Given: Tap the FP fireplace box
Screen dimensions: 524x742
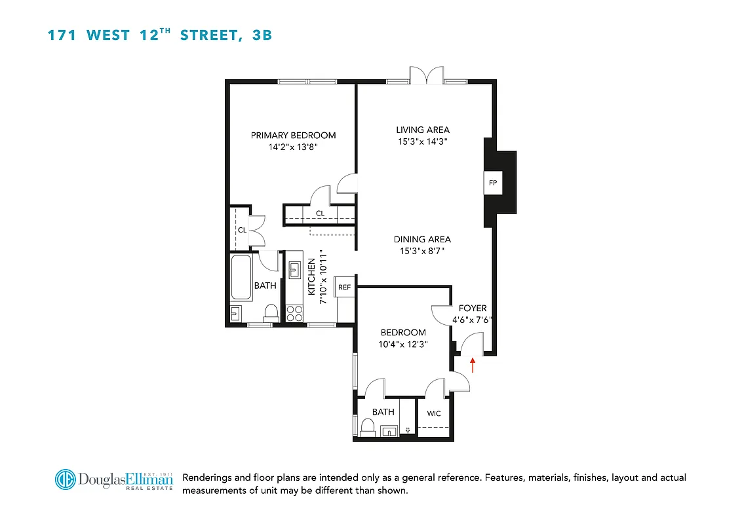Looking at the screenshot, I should pos(492,183).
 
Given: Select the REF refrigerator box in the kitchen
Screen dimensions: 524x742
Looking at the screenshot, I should pos(344,287).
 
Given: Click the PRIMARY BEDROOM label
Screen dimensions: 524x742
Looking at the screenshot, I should pos(293,136).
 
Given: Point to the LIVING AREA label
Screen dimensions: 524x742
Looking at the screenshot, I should pos(423,130).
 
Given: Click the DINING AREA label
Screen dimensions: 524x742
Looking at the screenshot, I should pos(422,240).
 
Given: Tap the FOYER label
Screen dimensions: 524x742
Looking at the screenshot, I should pos(472,309).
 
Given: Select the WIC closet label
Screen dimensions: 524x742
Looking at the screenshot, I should pos(434,413).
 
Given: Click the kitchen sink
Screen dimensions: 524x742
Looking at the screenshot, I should pos(294,269).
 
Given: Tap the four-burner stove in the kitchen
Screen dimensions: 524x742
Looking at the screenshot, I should pos(294,312).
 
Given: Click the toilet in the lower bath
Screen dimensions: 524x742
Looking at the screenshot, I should pos(366,428).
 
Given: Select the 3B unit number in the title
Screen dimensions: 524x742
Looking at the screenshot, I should pos(262,35).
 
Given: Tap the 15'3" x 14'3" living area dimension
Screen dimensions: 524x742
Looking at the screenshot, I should pos(423,141).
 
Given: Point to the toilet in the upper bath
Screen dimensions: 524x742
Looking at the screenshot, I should pos(269,312).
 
